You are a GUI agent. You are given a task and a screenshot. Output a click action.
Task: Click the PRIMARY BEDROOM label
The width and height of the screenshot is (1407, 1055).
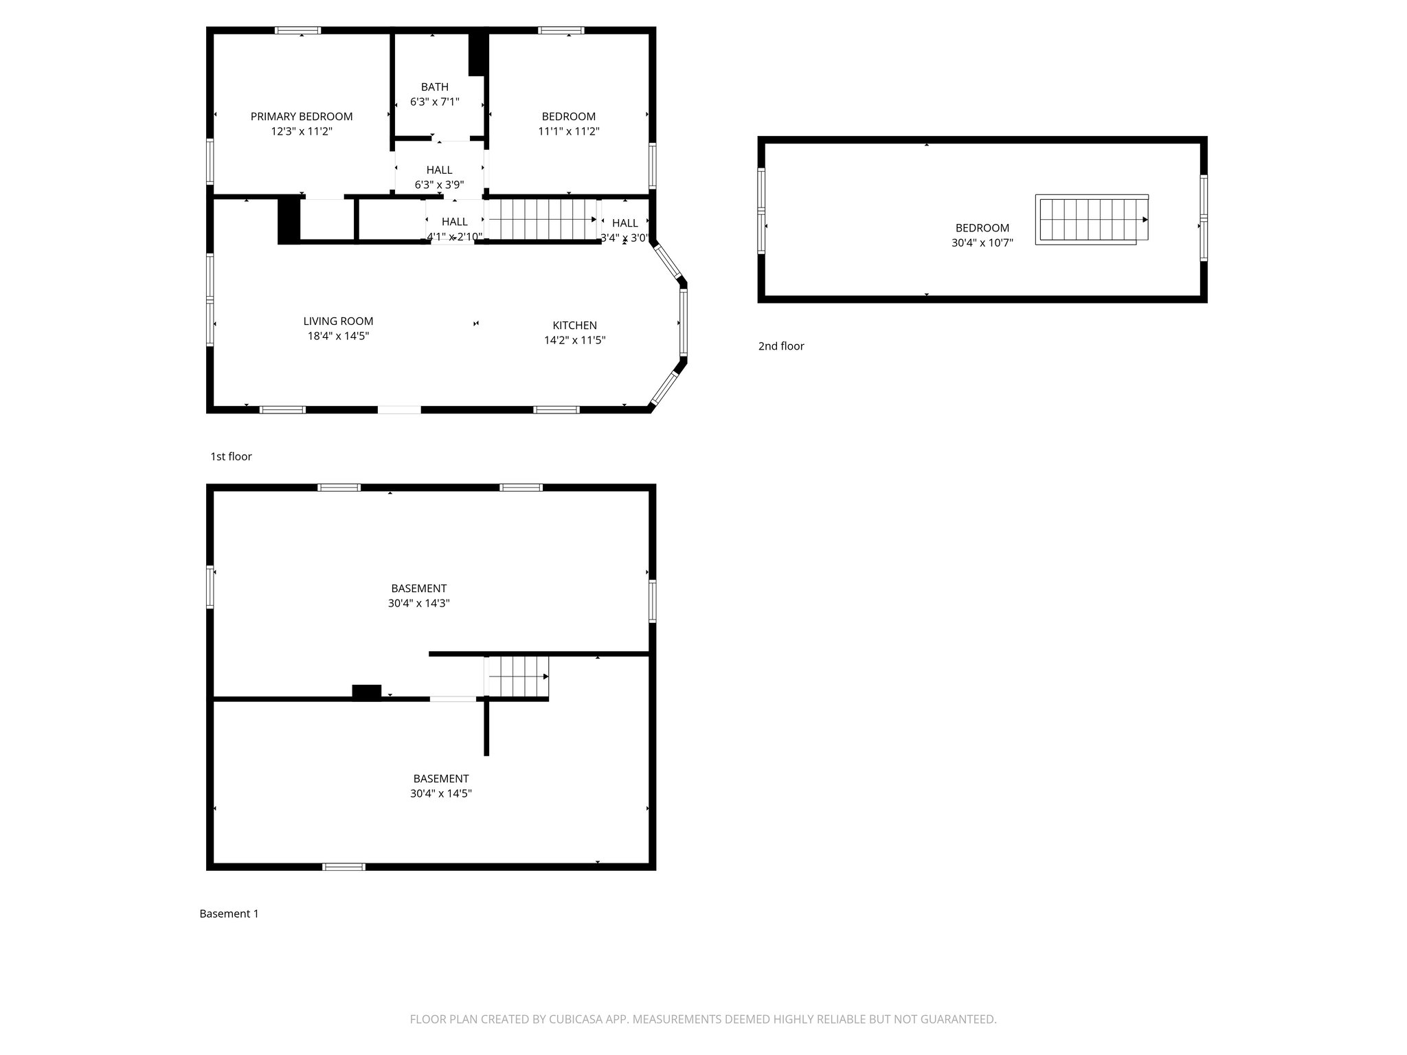(x=302, y=117)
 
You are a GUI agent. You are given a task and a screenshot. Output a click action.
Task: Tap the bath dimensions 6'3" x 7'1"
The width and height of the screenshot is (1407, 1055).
(x=434, y=102)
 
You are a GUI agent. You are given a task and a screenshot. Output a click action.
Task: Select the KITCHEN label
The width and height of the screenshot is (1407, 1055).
(x=574, y=326)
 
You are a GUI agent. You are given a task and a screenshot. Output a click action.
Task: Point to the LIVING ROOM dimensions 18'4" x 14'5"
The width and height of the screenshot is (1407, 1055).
(x=338, y=336)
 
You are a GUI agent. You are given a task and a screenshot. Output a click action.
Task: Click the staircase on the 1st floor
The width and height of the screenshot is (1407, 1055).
(x=541, y=220)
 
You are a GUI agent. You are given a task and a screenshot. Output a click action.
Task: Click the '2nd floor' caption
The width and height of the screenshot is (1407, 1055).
(x=781, y=346)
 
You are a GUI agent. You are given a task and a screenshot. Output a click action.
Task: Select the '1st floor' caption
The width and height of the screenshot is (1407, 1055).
(x=231, y=457)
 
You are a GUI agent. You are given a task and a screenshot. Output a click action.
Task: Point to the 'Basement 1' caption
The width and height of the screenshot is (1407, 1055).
(x=229, y=914)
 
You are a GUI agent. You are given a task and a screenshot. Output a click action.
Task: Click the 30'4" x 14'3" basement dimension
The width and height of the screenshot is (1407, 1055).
(x=418, y=603)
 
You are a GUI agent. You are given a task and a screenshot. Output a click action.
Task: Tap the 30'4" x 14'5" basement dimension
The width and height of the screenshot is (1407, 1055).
(x=440, y=793)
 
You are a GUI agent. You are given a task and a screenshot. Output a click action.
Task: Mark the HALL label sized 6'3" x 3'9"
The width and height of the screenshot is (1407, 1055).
(x=439, y=170)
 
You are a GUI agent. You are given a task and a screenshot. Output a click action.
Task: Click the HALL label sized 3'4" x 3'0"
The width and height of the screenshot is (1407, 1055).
(x=624, y=223)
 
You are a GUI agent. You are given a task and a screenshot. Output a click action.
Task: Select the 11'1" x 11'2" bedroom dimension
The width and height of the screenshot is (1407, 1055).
(x=568, y=131)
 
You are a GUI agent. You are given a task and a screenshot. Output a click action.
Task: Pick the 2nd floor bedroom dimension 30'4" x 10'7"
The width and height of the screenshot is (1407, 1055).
(x=982, y=242)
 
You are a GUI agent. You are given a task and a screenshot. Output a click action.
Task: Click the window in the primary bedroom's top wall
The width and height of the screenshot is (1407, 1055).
(x=297, y=30)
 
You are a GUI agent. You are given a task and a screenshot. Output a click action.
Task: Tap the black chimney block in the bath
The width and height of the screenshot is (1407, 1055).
(x=477, y=54)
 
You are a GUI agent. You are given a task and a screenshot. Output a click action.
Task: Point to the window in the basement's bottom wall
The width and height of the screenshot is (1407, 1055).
(x=344, y=867)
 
